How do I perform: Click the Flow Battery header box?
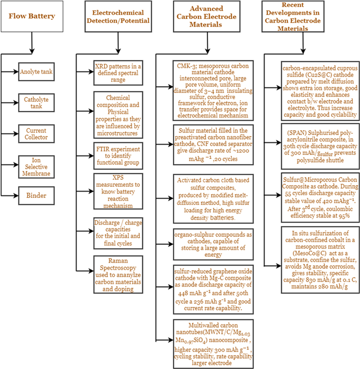[x=32, y=16]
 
